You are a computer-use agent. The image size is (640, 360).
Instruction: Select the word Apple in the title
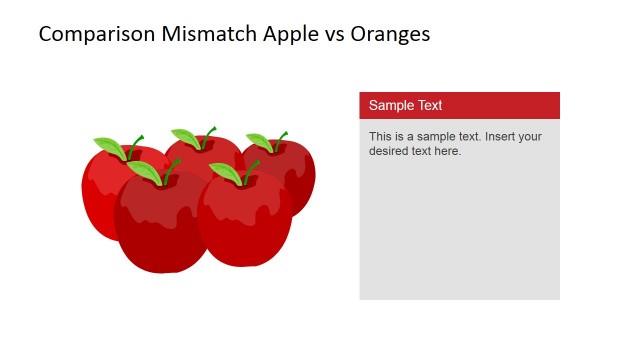(291, 34)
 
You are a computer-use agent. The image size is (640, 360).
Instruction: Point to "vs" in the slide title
(337, 34)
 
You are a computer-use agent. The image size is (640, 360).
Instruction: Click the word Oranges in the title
(393, 34)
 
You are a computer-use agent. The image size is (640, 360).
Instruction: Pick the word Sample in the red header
(390, 105)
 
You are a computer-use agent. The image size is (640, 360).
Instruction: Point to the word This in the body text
(381, 136)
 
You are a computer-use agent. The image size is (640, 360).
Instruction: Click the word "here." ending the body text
(446, 151)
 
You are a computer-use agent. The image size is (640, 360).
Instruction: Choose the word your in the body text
(529, 136)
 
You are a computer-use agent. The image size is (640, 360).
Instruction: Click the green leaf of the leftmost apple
(109, 149)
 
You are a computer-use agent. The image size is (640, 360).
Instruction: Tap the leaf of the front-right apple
(225, 173)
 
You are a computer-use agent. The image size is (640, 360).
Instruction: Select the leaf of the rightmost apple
(260, 143)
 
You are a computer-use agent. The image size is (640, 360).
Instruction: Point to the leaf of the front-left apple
(146, 172)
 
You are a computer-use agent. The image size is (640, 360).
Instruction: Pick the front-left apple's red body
(160, 225)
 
